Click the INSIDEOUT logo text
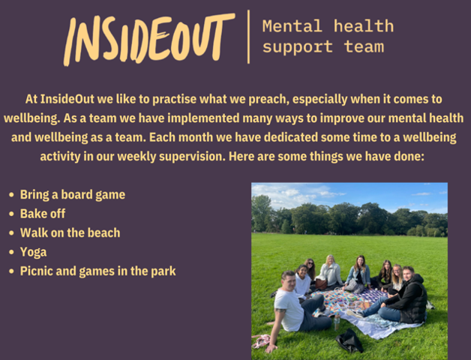tap(149, 39)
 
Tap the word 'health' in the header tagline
tap(364, 26)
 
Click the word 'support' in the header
tap(298, 47)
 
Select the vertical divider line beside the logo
tap(248, 37)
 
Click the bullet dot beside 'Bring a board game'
tap(11, 195)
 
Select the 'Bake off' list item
tap(42, 214)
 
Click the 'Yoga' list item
tap(33, 252)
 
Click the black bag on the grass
tap(349, 340)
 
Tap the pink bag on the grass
tap(261, 340)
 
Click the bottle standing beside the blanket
tap(337, 322)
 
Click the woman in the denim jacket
tap(358, 274)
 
